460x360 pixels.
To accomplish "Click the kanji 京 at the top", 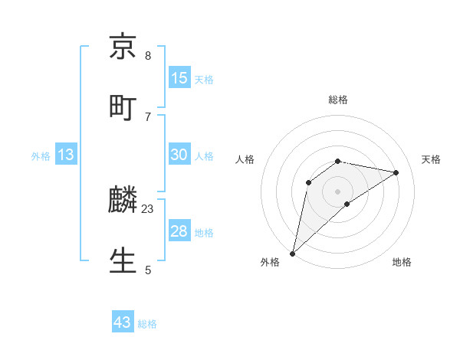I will [123, 47].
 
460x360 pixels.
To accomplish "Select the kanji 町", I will [123, 108].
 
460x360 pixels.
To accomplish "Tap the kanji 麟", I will [123, 201].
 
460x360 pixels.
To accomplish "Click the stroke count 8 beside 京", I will [148, 56].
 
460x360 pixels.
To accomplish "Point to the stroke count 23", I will [148, 208].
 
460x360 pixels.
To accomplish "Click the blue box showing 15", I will [179, 79].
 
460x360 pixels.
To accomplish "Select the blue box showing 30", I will [179, 155].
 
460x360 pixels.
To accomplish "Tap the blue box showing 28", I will [179, 232].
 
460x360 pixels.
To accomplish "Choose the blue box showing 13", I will [65, 155].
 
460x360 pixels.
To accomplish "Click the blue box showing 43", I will [123, 322].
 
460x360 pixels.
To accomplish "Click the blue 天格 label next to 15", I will [204, 80].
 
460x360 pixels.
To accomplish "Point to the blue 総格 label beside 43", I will [147, 324].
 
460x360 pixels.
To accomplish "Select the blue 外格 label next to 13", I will [41, 156].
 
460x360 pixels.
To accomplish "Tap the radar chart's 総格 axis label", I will [338, 100].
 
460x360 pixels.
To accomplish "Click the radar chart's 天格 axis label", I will [432, 159].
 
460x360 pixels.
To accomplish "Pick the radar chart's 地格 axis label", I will [402, 262].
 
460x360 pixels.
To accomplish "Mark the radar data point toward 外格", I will [292, 254].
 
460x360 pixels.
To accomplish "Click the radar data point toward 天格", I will [396, 172].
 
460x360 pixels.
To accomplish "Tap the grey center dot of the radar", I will [338, 191].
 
